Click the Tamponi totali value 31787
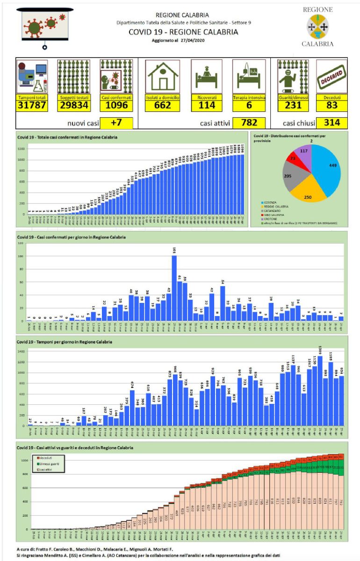(x=32, y=105)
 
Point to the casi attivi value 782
(x=249, y=123)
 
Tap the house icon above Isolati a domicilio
(x=162, y=76)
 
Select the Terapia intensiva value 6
(x=249, y=105)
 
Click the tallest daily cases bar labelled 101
(x=174, y=288)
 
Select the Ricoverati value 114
(x=206, y=105)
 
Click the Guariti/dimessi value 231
(x=291, y=105)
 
